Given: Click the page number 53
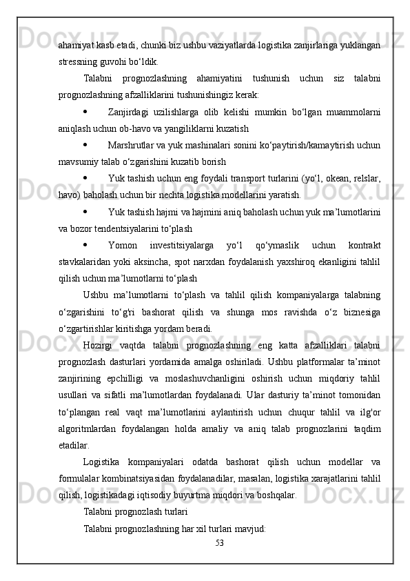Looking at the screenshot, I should (x=219, y=542).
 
